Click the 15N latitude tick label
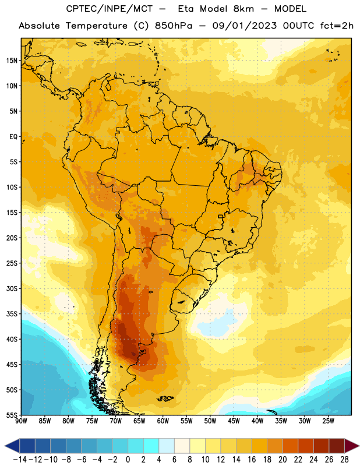[x=12, y=61]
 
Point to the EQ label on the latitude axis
[x=13, y=137]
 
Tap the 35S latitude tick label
[x=12, y=314]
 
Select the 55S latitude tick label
[x=12, y=415]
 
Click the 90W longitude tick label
[x=21, y=421]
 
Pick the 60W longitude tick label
[x=163, y=421]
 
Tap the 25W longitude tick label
[x=328, y=421]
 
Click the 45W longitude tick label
[x=234, y=421]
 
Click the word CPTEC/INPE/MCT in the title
[x=109, y=9]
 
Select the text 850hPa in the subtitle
[x=174, y=26]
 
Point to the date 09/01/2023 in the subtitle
[x=244, y=26]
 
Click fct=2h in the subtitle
[x=337, y=26]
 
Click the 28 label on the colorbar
[x=344, y=460]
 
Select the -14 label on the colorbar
[x=20, y=460]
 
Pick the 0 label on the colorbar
[x=128, y=460]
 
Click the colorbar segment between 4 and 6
[x=167, y=446]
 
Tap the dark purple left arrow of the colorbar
[x=12, y=446]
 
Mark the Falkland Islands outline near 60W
[x=165, y=398]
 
